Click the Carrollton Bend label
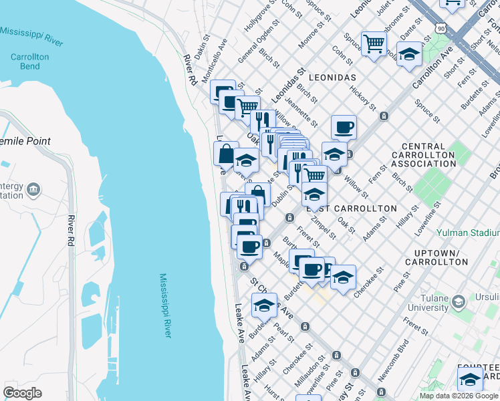[29, 62]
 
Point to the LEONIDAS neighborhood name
[332, 78]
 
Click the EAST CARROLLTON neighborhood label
[352, 209]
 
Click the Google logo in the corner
[22, 392]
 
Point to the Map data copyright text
[459, 396]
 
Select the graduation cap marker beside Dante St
[409, 54]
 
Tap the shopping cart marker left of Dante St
[374, 44]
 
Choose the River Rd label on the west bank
[69, 231]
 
